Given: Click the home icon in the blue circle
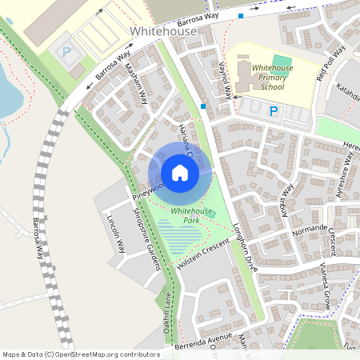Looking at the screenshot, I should [x=180, y=172].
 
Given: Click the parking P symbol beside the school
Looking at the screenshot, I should [x=273, y=112].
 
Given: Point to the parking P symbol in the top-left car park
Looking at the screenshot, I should [x=67, y=51].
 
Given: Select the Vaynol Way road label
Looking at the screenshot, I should [x=226, y=80].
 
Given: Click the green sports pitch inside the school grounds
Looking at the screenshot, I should [x=281, y=61].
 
